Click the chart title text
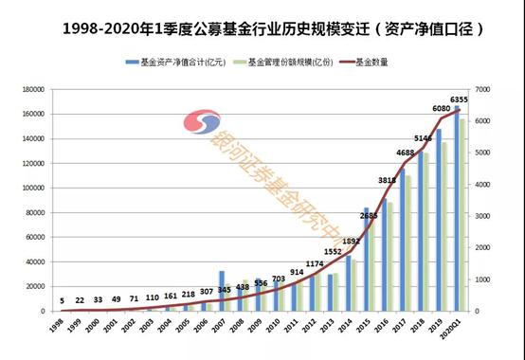[x=262, y=29]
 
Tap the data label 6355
[x=461, y=99]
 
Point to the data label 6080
[x=441, y=109]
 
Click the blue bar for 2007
[x=221, y=291]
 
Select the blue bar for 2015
[x=367, y=260]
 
